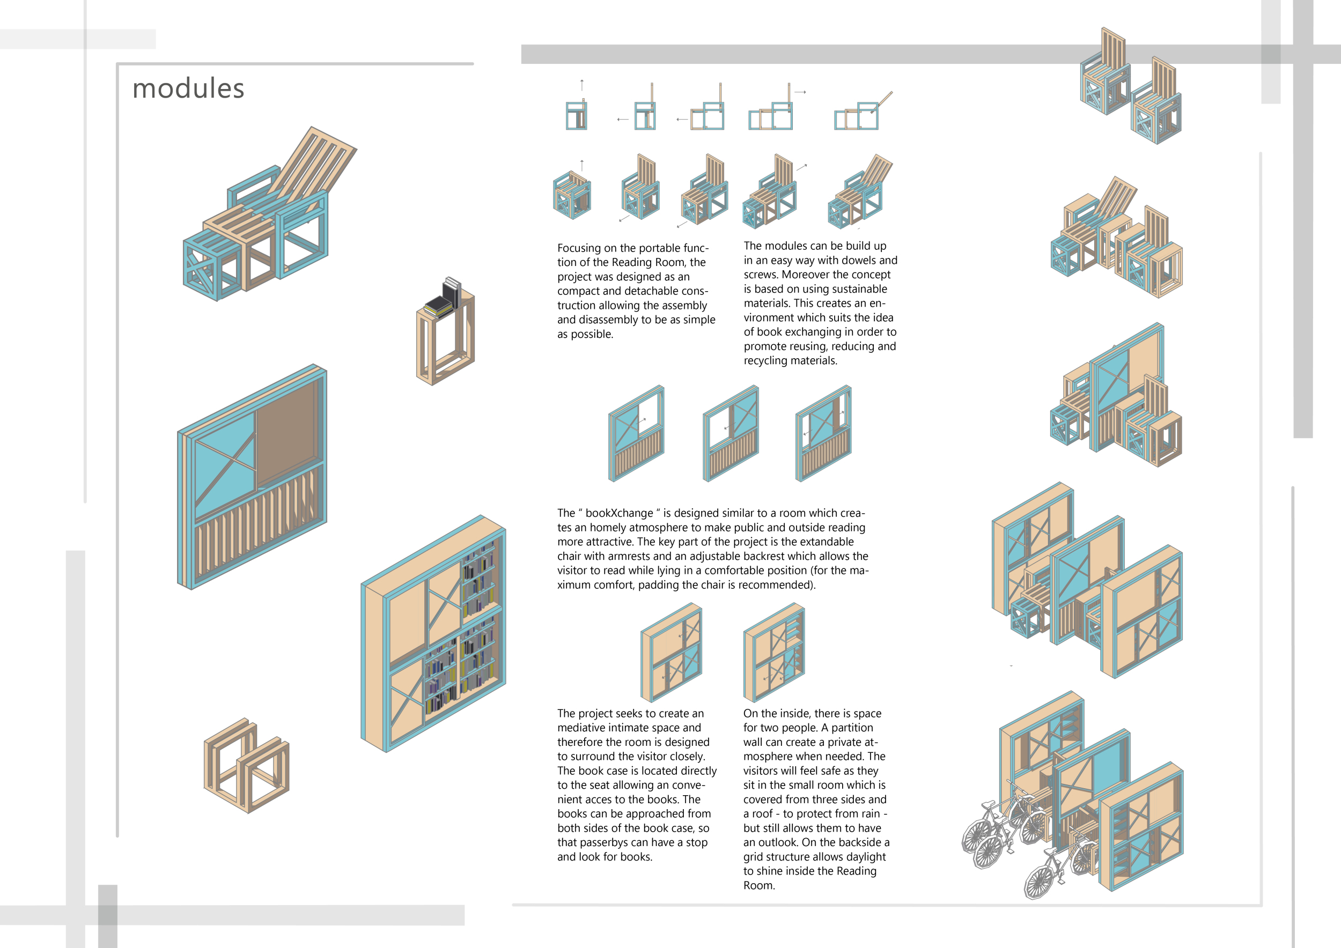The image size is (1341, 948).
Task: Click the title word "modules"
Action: click(188, 88)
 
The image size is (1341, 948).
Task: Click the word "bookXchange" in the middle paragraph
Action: click(619, 513)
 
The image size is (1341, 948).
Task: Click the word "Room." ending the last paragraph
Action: click(758, 886)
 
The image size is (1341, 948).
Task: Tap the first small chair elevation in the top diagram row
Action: click(577, 114)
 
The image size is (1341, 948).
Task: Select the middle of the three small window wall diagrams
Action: click(731, 433)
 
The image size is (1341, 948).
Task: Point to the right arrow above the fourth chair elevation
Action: click(800, 92)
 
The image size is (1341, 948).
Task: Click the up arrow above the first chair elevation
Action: click(583, 85)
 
